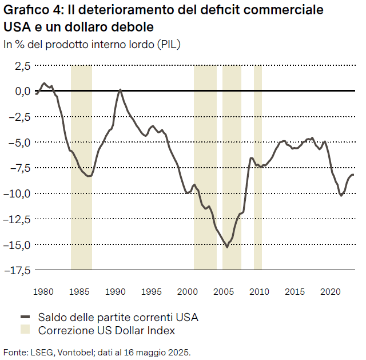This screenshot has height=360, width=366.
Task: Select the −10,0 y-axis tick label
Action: coord(18,193)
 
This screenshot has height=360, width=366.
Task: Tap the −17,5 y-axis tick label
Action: coord(18,270)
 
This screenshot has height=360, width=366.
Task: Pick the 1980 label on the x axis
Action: coord(43,292)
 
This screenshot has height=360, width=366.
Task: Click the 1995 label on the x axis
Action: coord(152,292)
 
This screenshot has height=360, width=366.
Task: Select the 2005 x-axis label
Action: coord(224,292)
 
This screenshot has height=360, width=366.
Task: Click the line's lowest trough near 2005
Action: coord(227,247)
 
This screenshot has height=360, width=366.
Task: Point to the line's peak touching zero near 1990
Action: coord(120,90)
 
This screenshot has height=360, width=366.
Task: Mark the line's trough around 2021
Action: coord(341,195)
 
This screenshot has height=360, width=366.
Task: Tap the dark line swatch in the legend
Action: coord(25,317)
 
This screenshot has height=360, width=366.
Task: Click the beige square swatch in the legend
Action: coord(25,330)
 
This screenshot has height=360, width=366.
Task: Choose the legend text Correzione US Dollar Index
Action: coord(106,330)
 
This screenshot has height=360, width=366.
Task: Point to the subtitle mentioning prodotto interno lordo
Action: coord(92,44)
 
